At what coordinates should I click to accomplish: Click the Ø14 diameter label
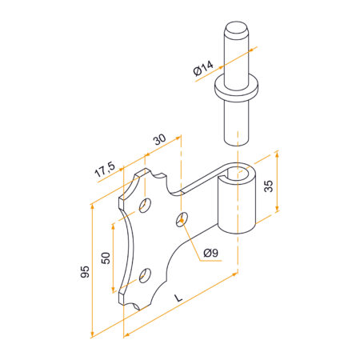point(203,68)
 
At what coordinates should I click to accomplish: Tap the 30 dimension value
point(159,139)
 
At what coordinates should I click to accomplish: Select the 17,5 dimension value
point(105,170)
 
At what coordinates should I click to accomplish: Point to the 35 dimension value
point(269,186)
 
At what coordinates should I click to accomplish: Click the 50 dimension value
point(106,258)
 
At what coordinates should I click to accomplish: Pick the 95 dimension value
point(85,271)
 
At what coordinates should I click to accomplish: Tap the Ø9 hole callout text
point(211,253)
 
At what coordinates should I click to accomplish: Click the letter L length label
point(178,298)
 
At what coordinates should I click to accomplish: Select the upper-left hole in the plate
point(145,206)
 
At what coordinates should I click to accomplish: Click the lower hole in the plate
point(145,275)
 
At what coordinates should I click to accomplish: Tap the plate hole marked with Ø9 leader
point(182,220)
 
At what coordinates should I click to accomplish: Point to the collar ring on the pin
point(237,88)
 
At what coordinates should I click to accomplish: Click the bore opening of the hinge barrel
point(238,174)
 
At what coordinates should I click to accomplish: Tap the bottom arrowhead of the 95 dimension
point(93,334)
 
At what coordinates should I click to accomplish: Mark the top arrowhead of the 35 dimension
point(277,154)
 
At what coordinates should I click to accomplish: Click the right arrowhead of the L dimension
point(234,274)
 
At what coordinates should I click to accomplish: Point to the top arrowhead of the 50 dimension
point(113,226)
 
